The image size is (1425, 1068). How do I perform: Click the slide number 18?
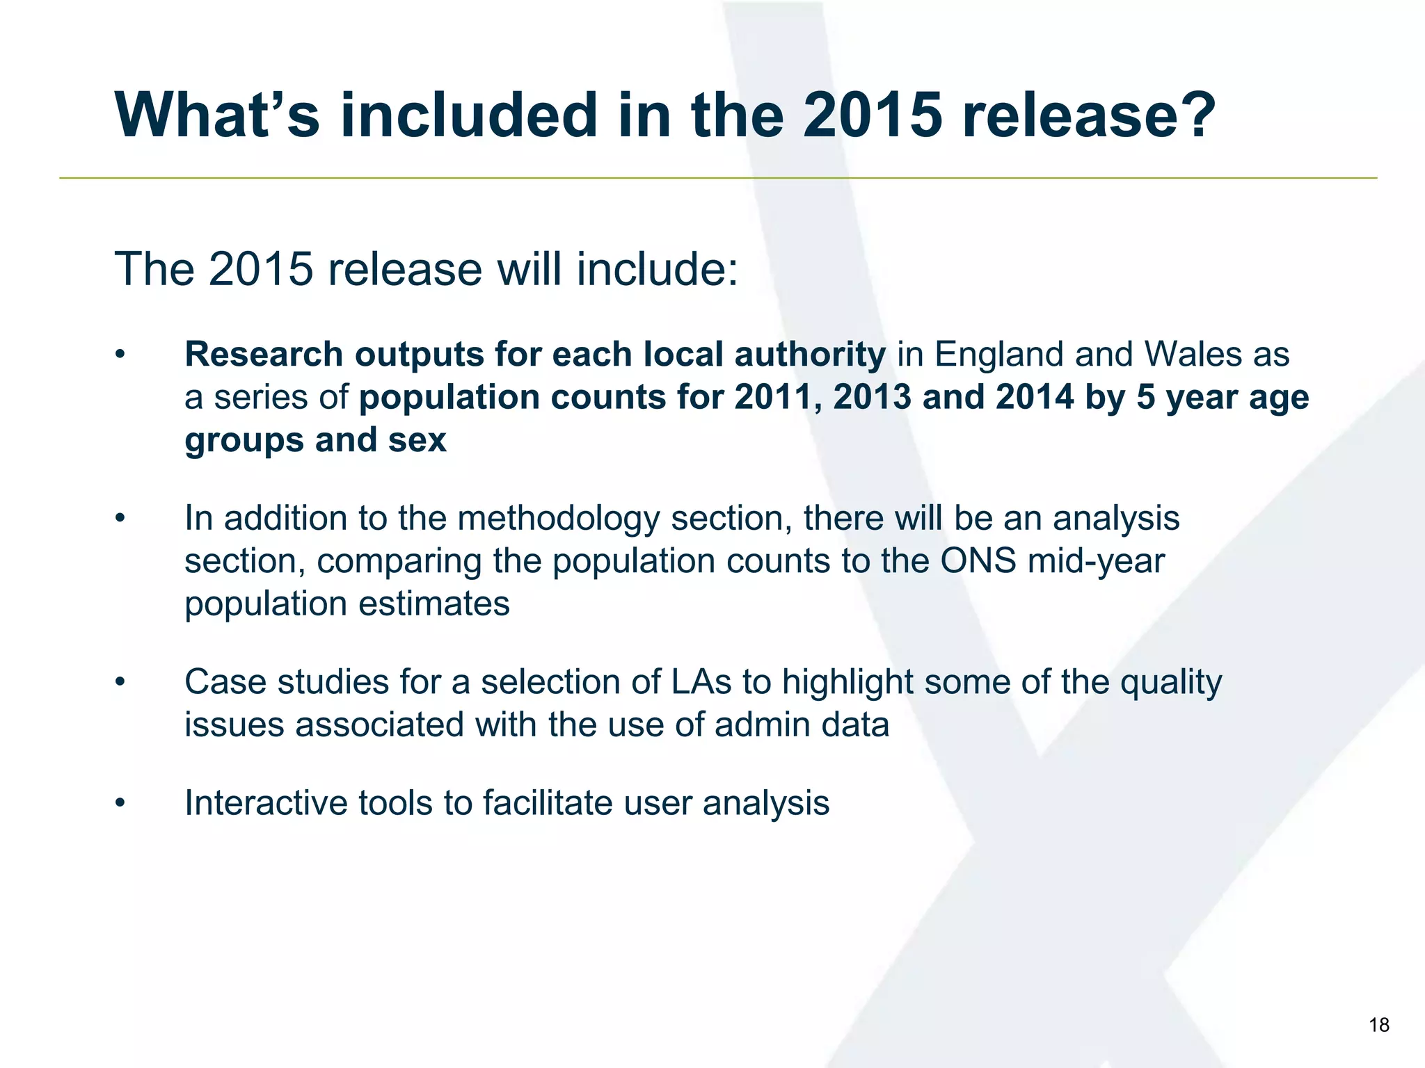(1378, 1025)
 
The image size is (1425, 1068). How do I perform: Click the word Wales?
(1193, 355)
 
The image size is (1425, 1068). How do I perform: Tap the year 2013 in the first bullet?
(872, 398)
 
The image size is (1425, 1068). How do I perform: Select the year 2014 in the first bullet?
(1035, 398)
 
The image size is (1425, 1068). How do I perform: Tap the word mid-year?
(1096, 561)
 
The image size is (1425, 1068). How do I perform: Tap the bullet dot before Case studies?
(120, 682)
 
